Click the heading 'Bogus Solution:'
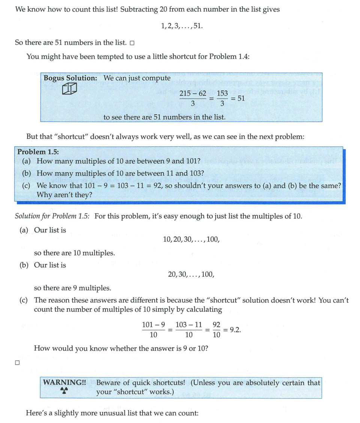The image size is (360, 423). click(x=70, y=78)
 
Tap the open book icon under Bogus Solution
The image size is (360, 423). click(x=69, y=89)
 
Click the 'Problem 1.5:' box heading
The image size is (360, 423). click(x=38, y=152)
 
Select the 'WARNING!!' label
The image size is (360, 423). click(x=64, y=383)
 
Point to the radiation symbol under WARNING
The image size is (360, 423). click(x=64, y=391)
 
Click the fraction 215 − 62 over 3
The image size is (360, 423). click(x=193, y=99)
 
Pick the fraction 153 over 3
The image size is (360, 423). click(x=222, y=99)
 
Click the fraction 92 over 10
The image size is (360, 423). click(x=216, y=330)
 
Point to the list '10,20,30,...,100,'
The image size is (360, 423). click(x=191, y=239)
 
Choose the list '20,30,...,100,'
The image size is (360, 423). click(x=191, y=274)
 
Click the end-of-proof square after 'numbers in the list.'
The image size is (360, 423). click(x=132, y=43)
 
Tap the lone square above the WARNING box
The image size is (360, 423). click(x=17, y=363)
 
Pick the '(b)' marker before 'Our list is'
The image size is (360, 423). click(x=24, y=265)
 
